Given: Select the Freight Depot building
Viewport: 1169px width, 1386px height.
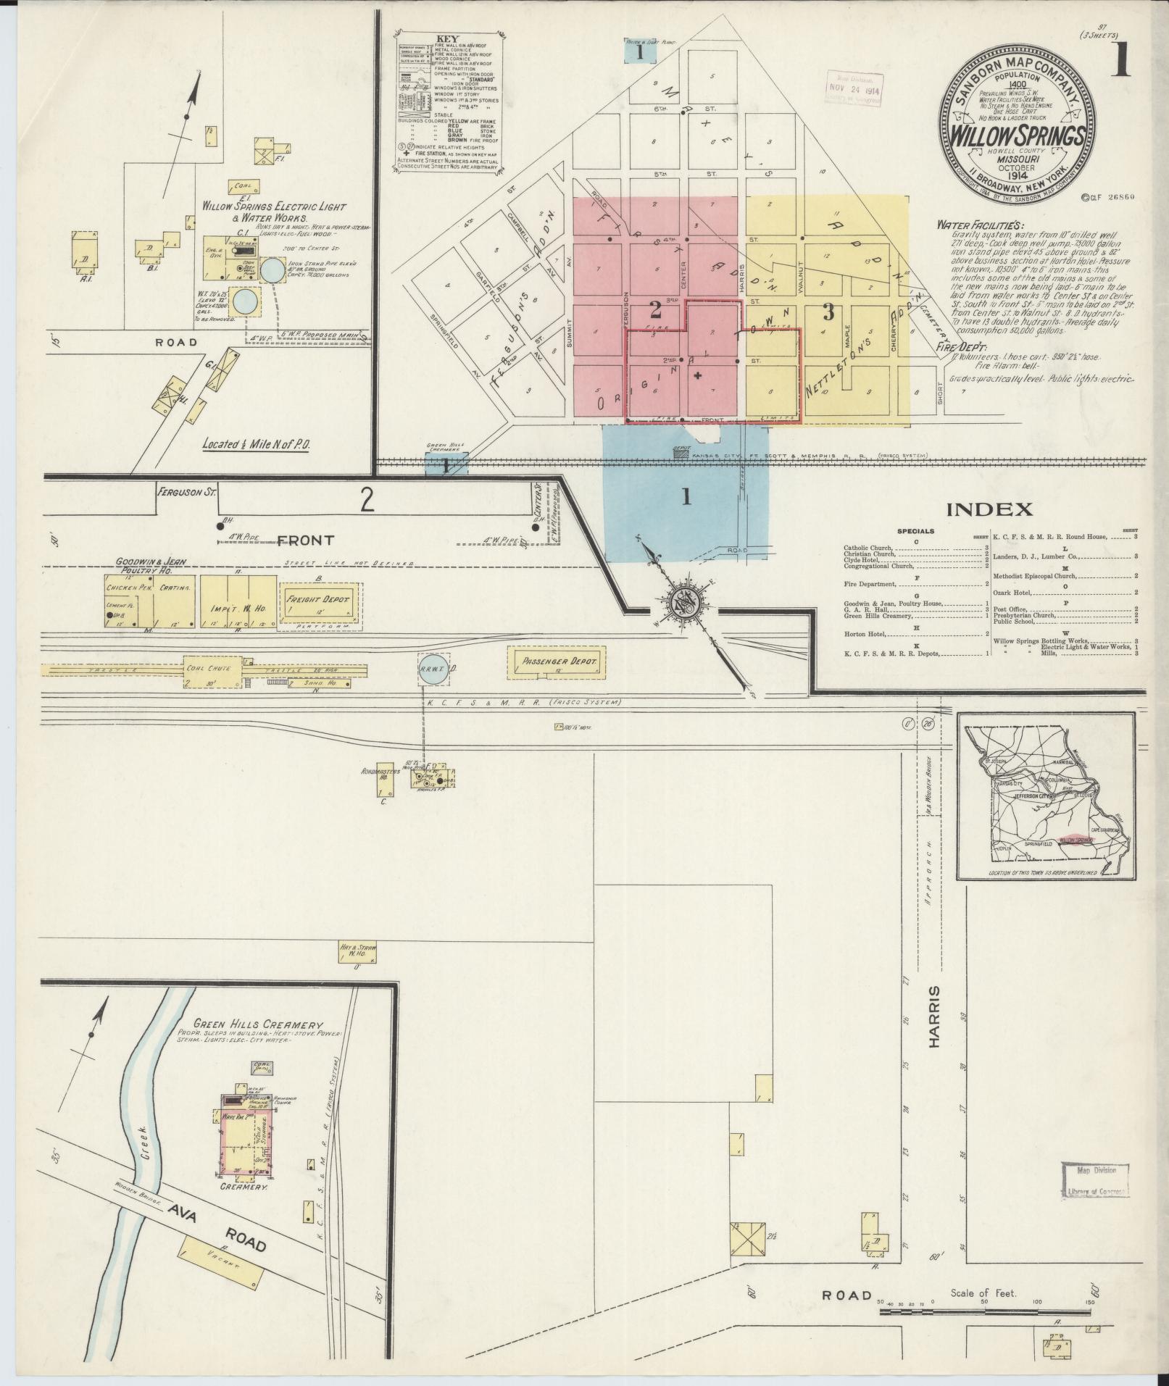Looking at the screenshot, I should point(320,601).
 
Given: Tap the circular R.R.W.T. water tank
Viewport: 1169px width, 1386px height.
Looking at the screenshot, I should point(433,670).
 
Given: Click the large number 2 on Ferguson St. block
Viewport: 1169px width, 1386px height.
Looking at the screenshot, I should point(367,500).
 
